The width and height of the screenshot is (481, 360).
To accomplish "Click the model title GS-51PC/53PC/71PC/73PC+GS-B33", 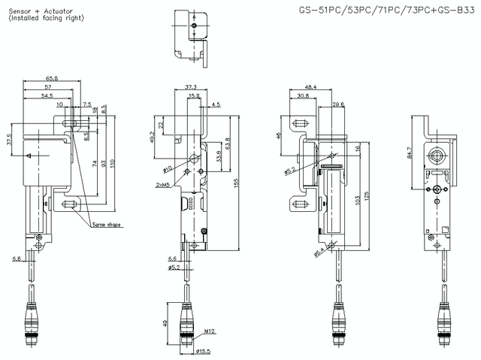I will (x=382, y=11).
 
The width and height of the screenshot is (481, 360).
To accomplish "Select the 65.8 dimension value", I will (x=52, y=77).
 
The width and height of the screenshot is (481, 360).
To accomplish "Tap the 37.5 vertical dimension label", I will (x=10, y=141).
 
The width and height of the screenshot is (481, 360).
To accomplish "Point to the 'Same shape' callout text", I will (x=106, y=225).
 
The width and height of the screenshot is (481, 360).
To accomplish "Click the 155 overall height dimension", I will (x=237, y=182).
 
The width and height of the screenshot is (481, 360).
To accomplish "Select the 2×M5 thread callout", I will (x=162, y=183).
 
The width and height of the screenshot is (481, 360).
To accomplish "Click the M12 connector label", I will (x=210, y=330).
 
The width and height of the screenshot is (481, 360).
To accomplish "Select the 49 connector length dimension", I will (x=165, y=323).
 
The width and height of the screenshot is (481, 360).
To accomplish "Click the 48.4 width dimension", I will (x=310, y=87).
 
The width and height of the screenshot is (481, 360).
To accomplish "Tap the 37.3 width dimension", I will (x=191, y=87).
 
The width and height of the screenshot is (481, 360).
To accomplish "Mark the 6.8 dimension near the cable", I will (x=17, y=258).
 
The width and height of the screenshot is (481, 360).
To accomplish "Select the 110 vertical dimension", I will (x=112, y=163).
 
